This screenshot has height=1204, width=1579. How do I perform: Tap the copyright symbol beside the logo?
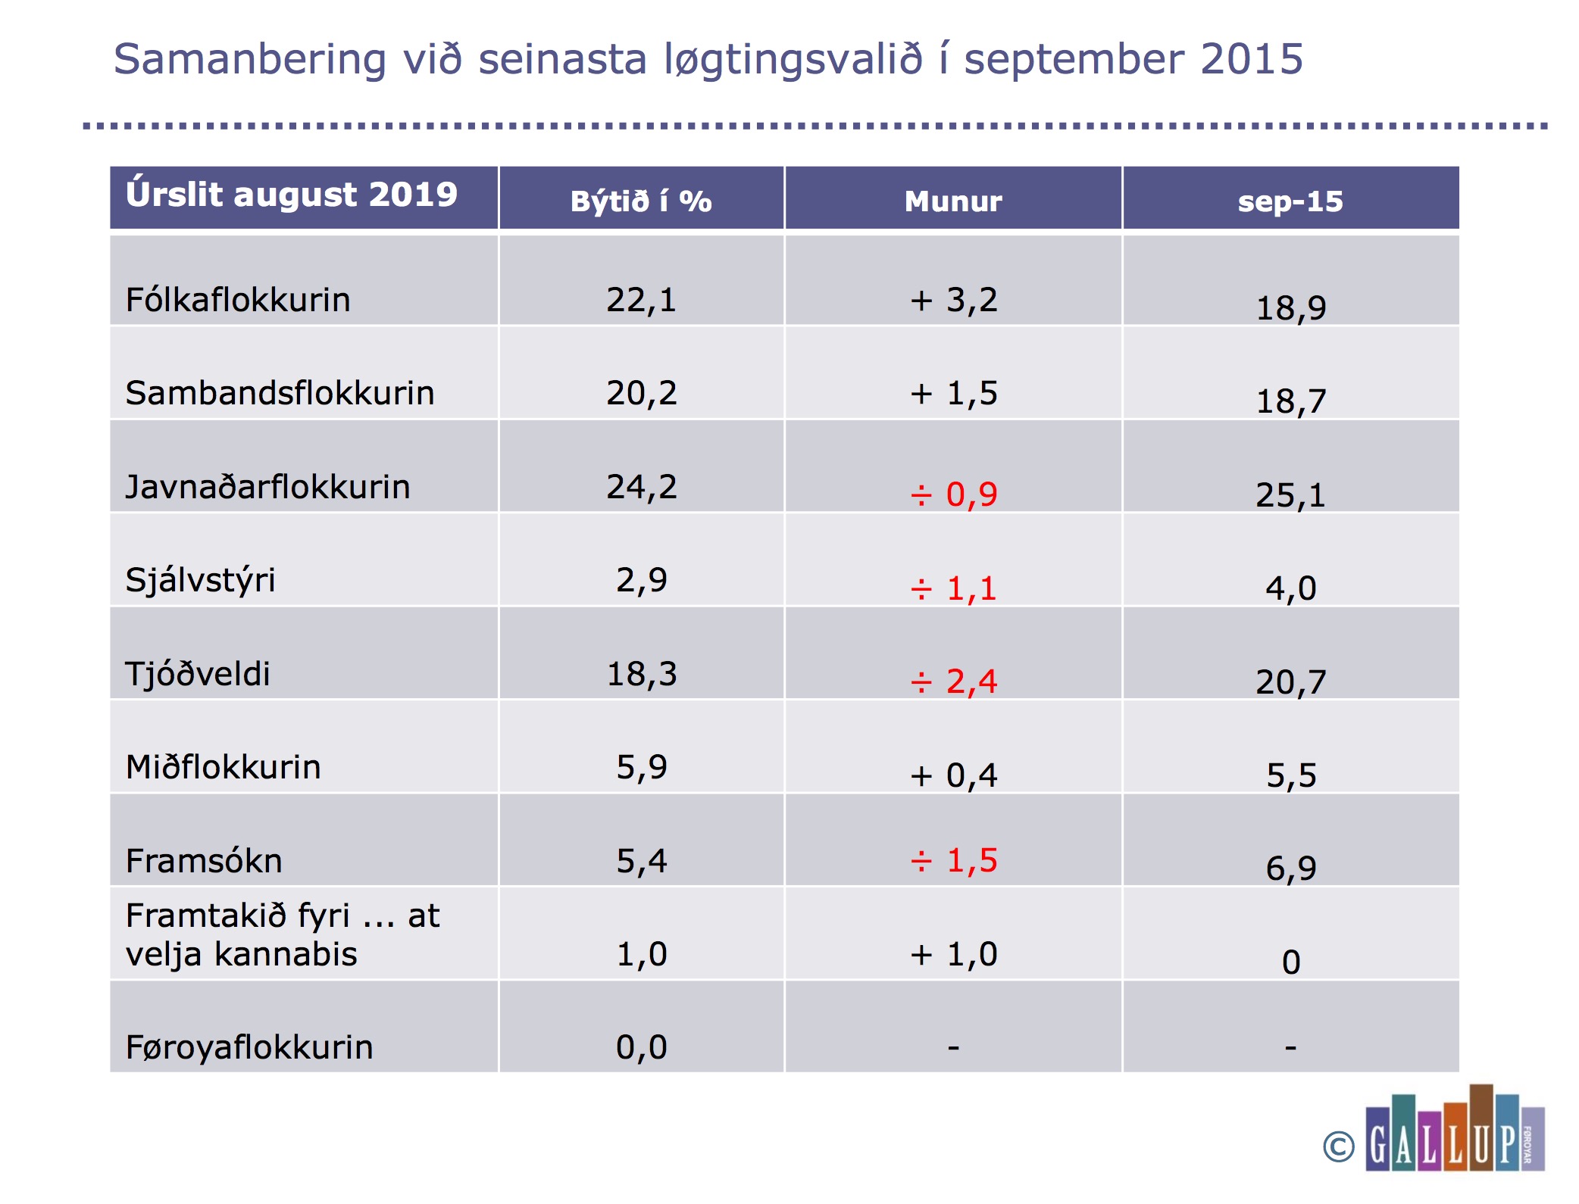click(1339, 1146)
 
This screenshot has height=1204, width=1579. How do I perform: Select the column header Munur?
click(953, 201)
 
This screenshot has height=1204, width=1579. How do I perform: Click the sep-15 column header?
click(1290, 201)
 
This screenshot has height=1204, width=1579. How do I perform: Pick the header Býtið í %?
click(641, 201)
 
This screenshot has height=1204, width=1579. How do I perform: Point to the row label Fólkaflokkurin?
click(238, 300)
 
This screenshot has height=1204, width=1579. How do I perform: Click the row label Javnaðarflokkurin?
click(267, 486)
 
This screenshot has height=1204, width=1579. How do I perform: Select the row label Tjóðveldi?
click(198, 673)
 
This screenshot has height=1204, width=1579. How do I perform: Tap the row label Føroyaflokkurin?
click(249, 1047)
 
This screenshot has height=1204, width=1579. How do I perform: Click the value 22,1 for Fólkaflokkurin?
click(641, 300)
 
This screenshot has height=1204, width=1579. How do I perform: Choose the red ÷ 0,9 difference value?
click(953, 494)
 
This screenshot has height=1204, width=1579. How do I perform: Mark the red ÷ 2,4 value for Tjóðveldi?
click(953, 682)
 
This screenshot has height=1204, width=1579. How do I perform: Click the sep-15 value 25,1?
click(1290, 495)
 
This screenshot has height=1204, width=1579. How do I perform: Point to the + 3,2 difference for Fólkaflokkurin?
click(953, 300)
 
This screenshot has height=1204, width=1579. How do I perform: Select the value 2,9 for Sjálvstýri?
click(641, 580)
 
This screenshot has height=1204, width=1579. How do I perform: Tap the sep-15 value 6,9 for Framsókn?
click(1290, 869)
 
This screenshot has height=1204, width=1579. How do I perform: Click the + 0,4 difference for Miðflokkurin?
click(953, 775)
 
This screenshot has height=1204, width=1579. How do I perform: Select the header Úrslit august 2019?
click(292, 195)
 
